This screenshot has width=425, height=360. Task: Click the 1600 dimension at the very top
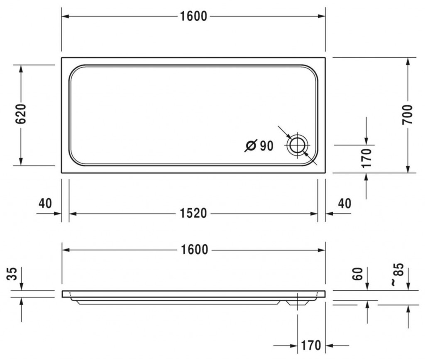193,16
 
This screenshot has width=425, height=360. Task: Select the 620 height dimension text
21,114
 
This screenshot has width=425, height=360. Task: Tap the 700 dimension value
407,114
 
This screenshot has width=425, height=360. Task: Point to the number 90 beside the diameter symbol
267,146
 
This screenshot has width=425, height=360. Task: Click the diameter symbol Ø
250,146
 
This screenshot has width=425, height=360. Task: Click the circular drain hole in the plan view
297,145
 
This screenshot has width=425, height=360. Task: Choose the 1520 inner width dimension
193,214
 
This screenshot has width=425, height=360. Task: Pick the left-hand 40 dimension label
45,203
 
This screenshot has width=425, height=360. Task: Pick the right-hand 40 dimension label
344,203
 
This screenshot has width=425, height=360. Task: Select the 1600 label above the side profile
194,250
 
